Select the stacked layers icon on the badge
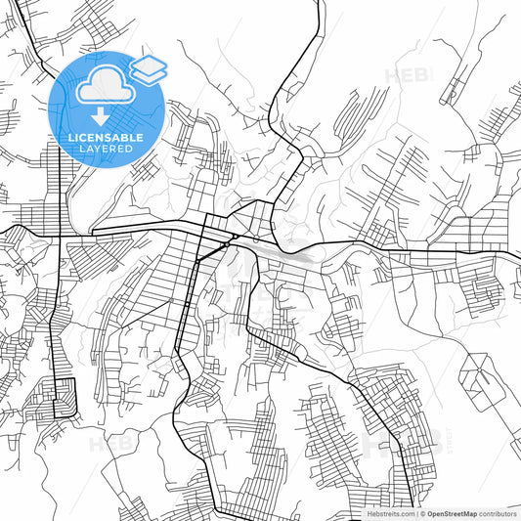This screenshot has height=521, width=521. coord(148,70)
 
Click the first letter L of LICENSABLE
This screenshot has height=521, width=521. coord(70,137)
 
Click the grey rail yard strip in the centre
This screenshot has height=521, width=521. coord(293,256)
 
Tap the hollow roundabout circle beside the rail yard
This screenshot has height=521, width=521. coord(256,238)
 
